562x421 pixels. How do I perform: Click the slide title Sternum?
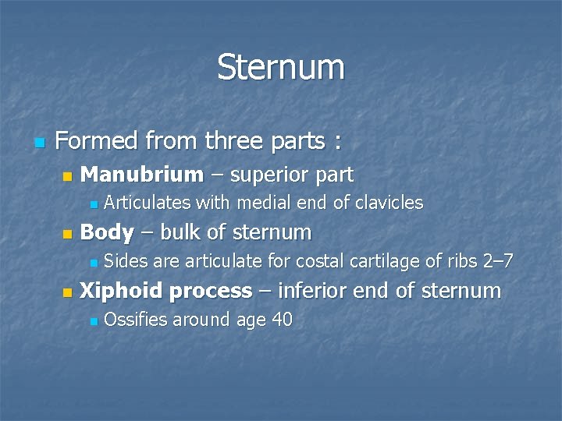click(281, 67)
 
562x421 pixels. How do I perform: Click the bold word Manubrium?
click(141, 175)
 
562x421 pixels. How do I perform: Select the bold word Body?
click(106, 232)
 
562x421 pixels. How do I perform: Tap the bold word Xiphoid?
click(122, 292)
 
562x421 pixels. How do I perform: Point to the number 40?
click(281, 320)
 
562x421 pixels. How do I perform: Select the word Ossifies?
click(136, 320)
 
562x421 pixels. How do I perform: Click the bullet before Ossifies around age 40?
click(93, 321)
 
